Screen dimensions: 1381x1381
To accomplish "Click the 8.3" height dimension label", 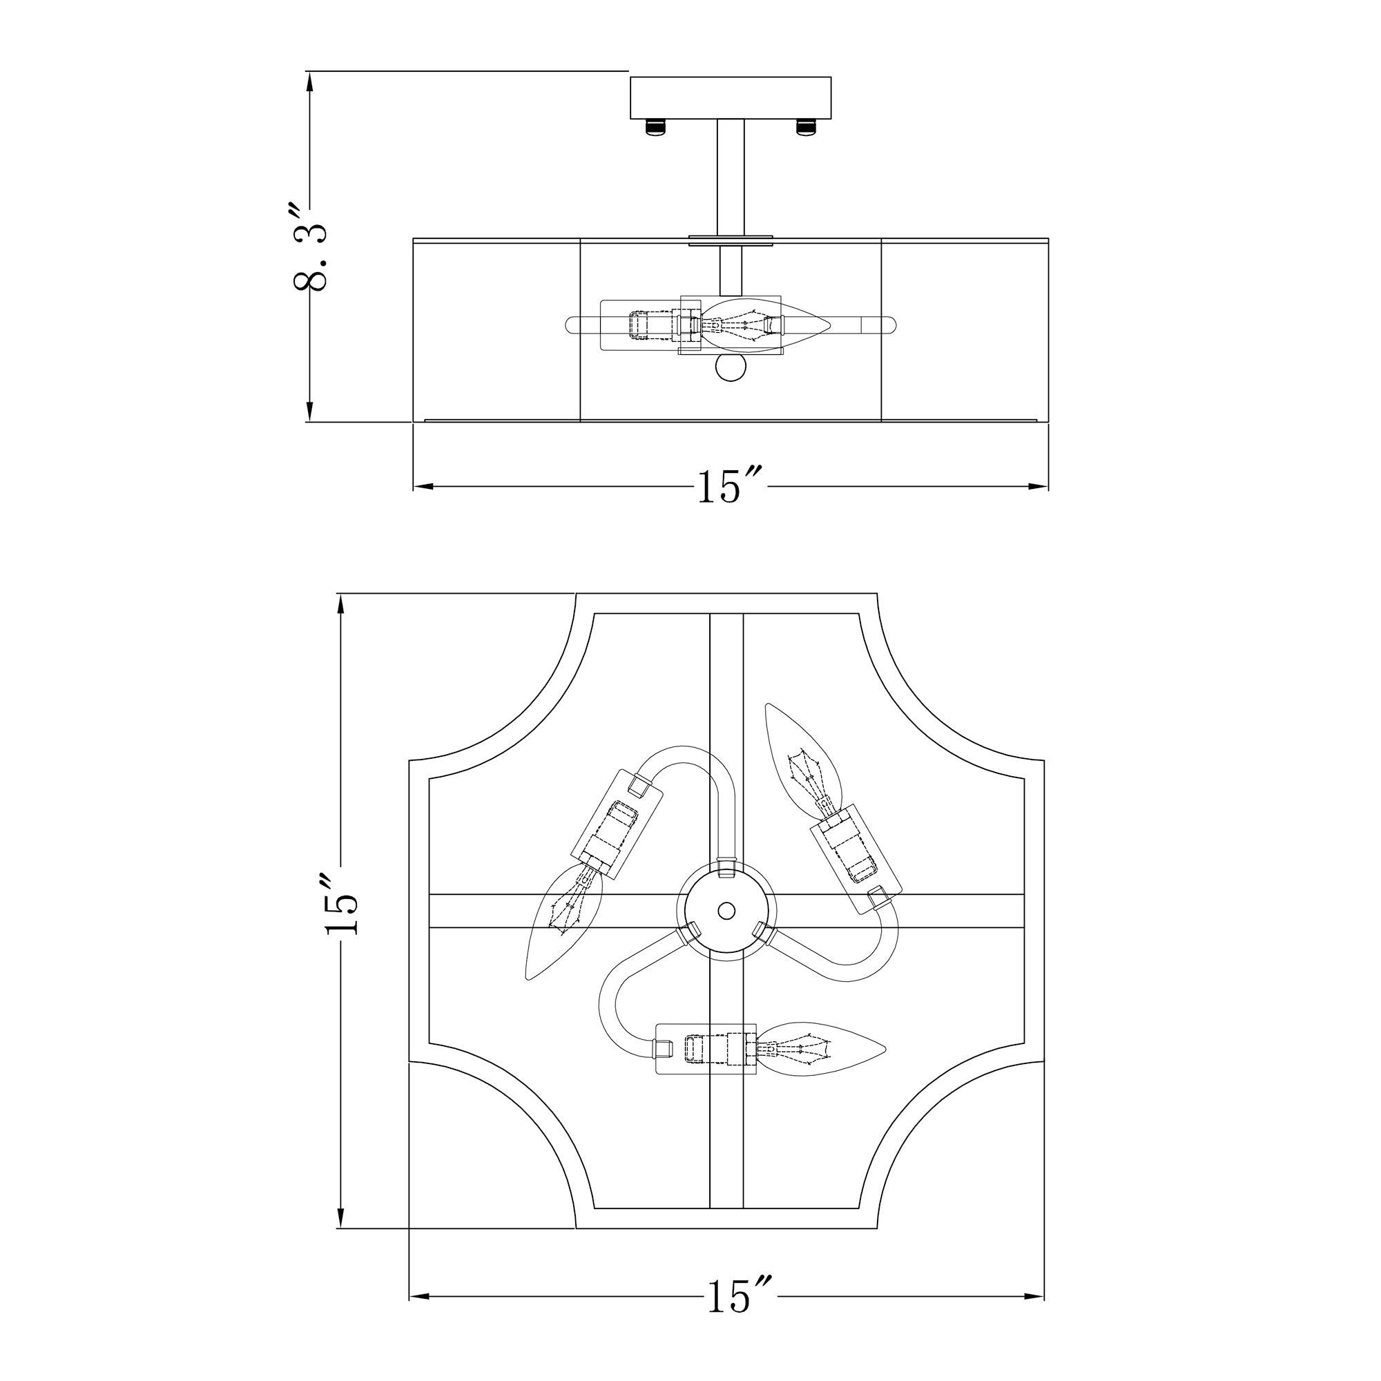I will point(309,247).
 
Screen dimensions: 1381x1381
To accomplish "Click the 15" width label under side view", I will point(729,487).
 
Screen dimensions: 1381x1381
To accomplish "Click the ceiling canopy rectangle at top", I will point(731,98).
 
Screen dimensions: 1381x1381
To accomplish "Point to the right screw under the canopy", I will point(806,126).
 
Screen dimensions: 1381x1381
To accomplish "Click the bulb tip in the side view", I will point(822,325).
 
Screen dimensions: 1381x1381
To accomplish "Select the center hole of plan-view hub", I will point(726,911).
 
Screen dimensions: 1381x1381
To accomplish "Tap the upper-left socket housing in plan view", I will point(617,824).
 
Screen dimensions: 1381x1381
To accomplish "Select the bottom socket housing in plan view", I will point(706,1050).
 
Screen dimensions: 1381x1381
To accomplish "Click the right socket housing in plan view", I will point(855,857).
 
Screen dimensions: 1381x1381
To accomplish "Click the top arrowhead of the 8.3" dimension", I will point(309,82).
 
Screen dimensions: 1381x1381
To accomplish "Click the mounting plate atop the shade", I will point(731,240).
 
